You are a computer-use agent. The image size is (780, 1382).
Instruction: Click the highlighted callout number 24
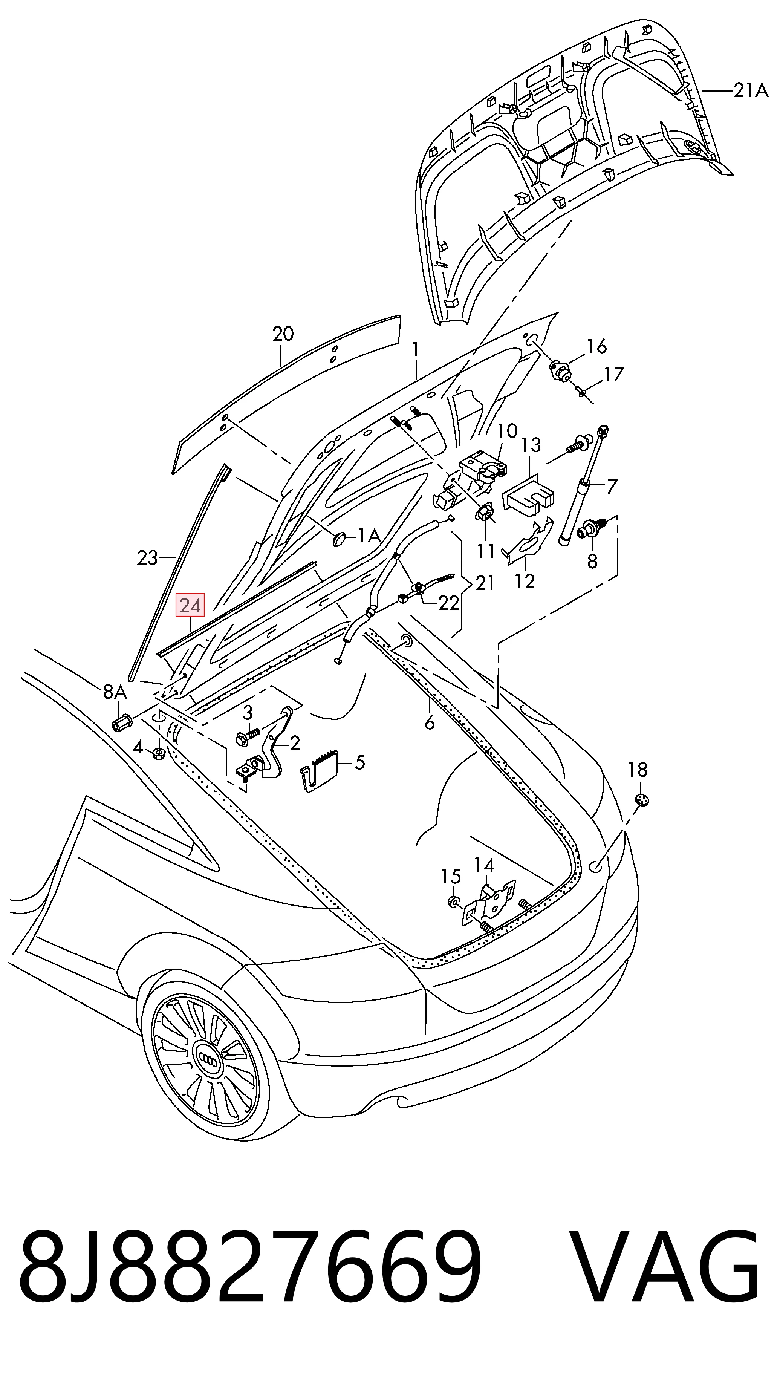[190, 606]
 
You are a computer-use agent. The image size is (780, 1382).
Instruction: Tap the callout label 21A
[751, 91]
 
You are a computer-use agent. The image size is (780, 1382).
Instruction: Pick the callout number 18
[638, 770]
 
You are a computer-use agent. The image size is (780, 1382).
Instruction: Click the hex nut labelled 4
[159, 754]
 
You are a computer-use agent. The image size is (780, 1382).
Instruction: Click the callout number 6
[429, 723]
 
